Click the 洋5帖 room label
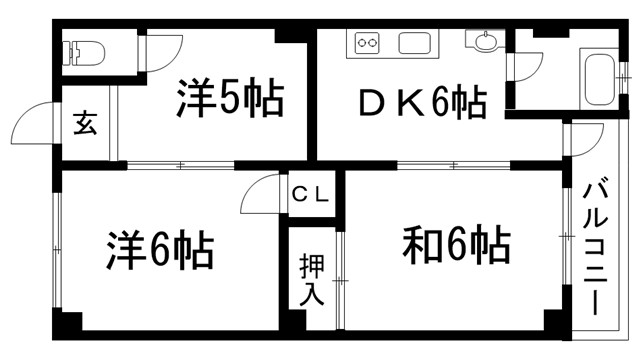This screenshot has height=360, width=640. coord(230,97)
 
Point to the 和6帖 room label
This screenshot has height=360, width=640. coord(456,243)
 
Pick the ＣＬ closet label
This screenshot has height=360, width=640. coord(310,193)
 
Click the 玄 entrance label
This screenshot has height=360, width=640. coord(85,126)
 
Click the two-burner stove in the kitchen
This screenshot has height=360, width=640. coord(366,44)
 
